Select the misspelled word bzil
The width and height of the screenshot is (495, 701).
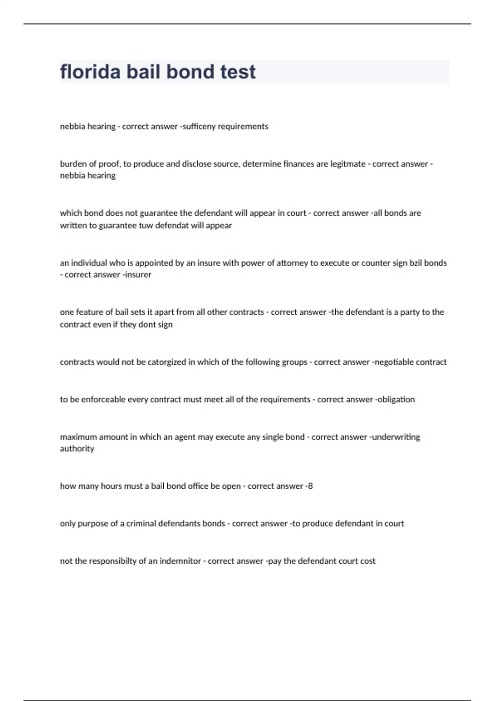point(415,263)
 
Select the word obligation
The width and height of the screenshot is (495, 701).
point(396,399)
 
